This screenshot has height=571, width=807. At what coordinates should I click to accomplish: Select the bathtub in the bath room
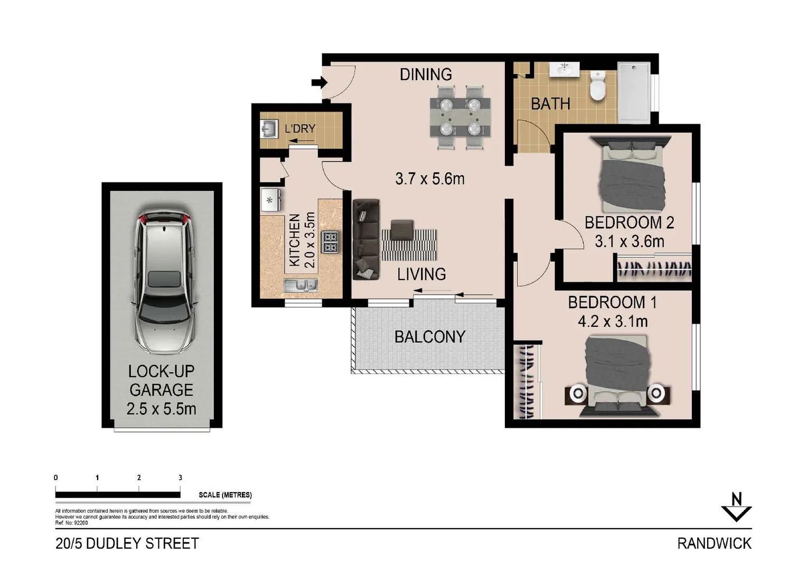point(634,93)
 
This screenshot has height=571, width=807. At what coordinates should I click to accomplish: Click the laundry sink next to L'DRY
point(269,128)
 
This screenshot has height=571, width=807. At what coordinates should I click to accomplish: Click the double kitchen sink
point(301,285)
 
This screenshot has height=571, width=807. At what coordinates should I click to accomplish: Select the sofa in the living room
point(366,239)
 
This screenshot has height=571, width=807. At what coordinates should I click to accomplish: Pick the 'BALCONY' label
point(429,337)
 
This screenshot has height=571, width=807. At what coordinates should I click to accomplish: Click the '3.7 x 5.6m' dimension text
point(430,179)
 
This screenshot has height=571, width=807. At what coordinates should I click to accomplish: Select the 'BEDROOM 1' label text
point(612,302)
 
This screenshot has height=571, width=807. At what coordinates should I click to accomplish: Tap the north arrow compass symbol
point(736,508)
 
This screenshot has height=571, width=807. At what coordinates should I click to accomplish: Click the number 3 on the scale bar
point(180,477)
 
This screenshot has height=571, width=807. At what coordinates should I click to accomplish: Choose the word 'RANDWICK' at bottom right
point(714,543)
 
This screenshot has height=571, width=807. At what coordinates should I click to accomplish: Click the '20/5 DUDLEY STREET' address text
point(127,544)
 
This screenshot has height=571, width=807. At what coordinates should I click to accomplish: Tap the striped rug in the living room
point(409,245)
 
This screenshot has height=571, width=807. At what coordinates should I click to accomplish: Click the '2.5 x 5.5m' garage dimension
point(162,409)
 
